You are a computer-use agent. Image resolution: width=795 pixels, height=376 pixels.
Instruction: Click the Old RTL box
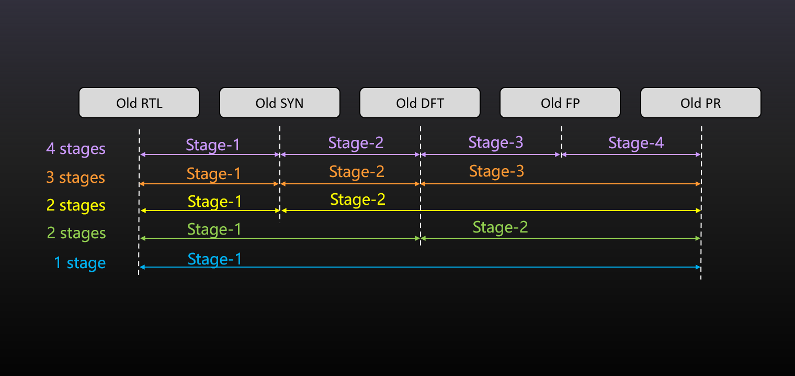[x=139, y=103]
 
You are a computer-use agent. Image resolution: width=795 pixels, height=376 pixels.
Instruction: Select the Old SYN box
[x=280, y=103]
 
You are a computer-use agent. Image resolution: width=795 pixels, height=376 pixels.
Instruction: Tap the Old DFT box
[x=420, y=103]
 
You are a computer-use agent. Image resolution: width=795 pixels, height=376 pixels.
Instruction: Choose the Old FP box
[x=560, y=103]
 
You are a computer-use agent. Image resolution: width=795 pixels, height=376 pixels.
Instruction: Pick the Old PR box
[x=701, y=103]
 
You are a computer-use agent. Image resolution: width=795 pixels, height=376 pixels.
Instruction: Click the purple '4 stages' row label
[x=76, y=149]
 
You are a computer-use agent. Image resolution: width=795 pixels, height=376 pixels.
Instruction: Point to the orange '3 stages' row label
[x=76, y=178]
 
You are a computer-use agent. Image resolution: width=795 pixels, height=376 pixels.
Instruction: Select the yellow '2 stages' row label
[x=76, y=205]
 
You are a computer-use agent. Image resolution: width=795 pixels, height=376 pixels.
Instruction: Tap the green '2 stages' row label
[x=76, y=233]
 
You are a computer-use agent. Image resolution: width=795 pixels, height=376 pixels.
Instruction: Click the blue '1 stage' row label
[x=80, y=263]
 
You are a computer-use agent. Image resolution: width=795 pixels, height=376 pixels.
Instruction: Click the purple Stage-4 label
[x=636, y=143]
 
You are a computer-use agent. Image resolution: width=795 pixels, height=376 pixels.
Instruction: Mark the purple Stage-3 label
[x=496, y=142]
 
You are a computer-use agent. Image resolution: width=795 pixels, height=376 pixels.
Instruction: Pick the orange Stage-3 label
[x=496, y=171]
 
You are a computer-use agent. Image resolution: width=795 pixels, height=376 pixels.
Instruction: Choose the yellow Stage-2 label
[x=358, y=200]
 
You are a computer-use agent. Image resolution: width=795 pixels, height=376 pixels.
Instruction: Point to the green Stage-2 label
[x=500, y=227]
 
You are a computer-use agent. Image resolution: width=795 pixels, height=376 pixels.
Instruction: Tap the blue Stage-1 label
[x=215, y=259]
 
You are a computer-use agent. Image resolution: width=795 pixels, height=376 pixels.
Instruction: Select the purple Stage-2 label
[x=356, y=143]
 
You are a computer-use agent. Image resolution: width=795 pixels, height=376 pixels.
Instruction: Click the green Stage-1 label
[x=214, y=229]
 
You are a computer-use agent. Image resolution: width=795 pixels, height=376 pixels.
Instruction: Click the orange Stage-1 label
[x=213, y=174]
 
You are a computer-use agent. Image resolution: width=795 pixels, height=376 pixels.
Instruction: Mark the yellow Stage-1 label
[x=215, y=202]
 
